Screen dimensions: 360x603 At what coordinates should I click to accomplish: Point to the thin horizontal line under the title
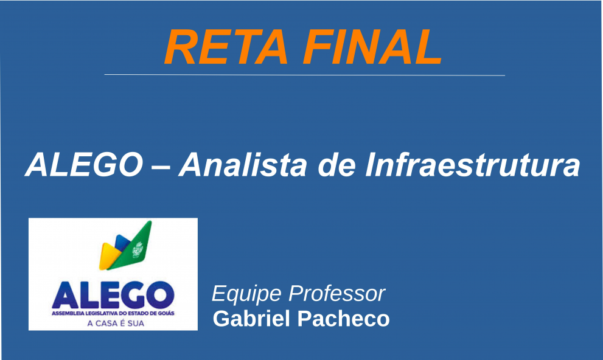pos(304,75)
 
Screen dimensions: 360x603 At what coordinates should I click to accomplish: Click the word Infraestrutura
pos(472,165)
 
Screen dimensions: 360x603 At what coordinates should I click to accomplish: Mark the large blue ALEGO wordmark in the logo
pos(113,295)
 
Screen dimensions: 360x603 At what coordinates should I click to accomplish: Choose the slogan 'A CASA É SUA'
pos(113,324)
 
